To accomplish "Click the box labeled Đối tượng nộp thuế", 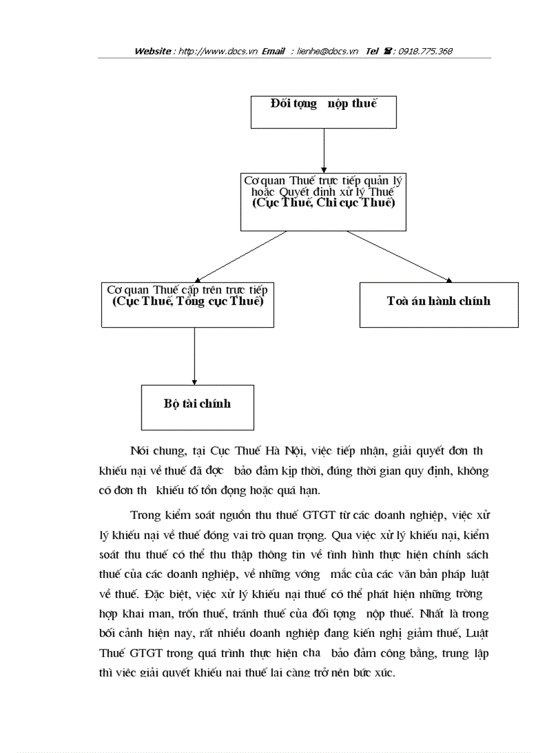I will pos(323,112).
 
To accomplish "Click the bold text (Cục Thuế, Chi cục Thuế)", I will pos(323,203).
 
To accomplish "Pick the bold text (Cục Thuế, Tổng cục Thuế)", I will pos(188,301).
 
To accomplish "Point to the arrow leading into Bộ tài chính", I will pos(194,356).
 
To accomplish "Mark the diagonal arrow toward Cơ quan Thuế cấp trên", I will pos(235,257).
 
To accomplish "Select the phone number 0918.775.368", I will pos(425,51).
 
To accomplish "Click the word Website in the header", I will pos(153,51).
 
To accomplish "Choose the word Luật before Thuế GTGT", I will pos(476,633).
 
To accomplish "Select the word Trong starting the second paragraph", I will pos(146,515).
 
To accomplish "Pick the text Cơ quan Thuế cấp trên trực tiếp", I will pos(187,290).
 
